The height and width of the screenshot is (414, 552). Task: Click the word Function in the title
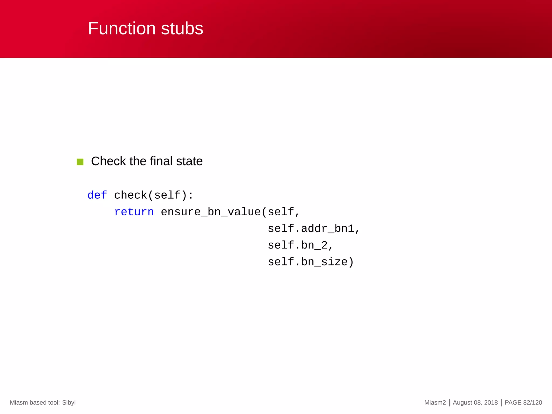(122, 29)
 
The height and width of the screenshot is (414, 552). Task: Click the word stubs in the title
(182, 29)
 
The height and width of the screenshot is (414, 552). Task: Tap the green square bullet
(80, 162)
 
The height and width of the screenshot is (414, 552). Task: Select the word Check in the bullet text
(108, 161)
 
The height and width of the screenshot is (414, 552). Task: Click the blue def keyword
(97, 195)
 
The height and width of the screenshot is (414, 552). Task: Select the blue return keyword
(134, 212)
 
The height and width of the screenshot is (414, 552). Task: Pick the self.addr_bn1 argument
(311, 229)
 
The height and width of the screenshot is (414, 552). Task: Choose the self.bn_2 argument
(298, 245)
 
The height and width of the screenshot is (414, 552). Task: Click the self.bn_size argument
(308, 262)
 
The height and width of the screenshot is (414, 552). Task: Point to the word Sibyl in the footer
(69, 402)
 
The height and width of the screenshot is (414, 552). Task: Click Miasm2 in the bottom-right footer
(435, 402)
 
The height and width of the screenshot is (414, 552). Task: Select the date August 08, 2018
(475, 402)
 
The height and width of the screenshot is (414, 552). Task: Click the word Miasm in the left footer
(19, 402)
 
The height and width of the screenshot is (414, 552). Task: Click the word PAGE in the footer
(513, 402)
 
